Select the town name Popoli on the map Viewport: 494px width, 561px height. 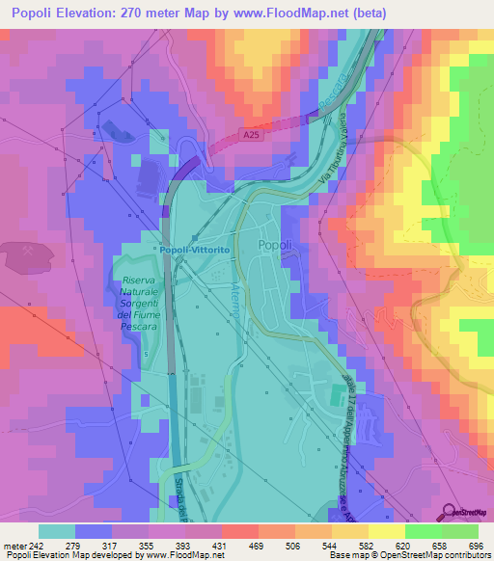[x=275, y=246]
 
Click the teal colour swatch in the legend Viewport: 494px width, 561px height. [x=57, y=531]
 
